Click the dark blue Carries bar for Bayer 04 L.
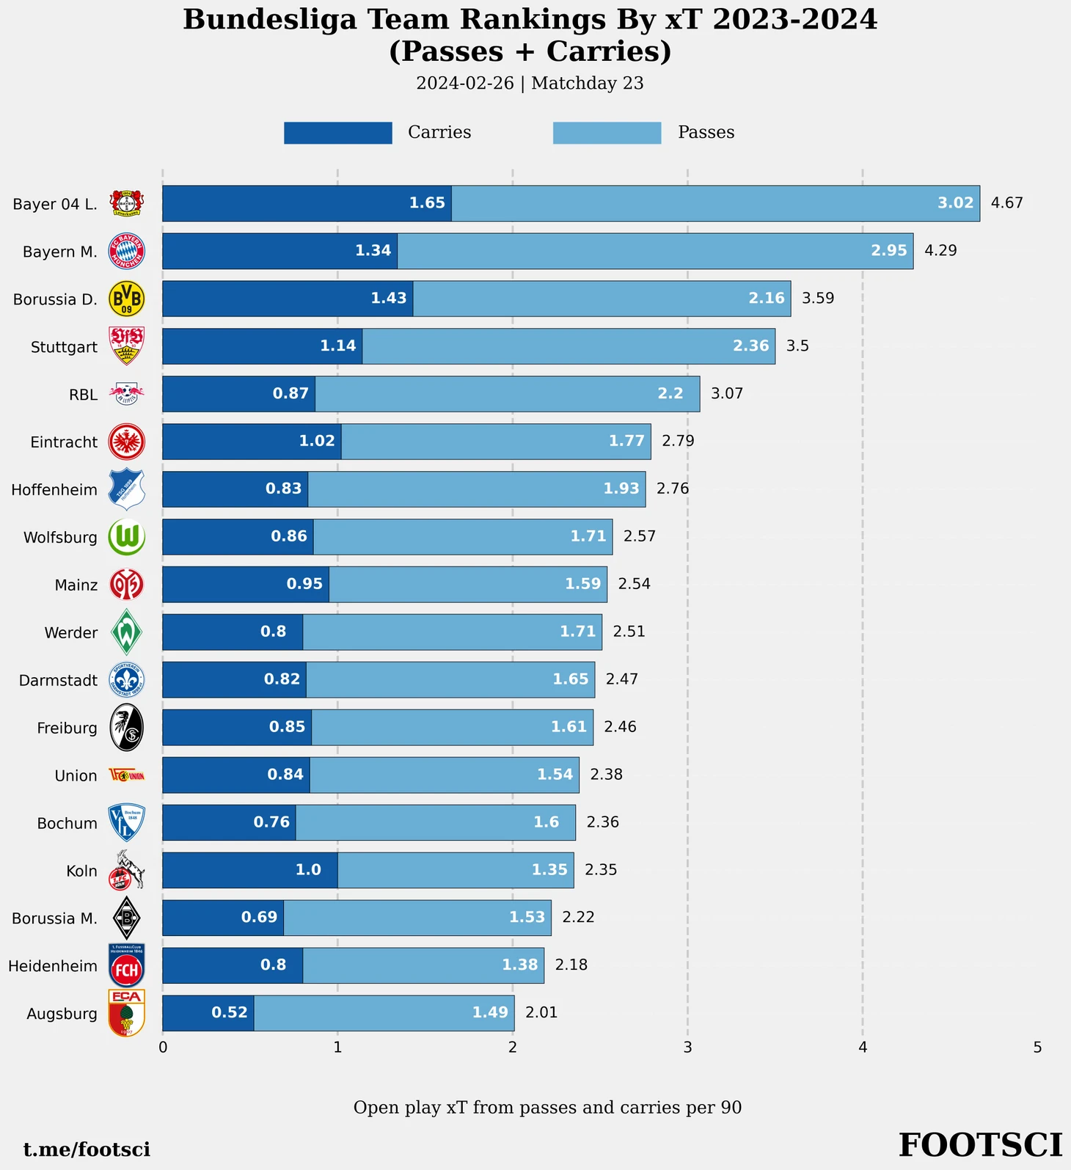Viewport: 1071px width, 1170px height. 307,203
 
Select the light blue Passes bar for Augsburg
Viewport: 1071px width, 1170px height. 384,1013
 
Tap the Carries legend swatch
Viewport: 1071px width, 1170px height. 337,133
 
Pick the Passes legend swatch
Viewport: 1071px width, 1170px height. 607,133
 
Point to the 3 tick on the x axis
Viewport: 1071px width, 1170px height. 687,1047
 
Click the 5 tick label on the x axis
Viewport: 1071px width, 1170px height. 1037,1047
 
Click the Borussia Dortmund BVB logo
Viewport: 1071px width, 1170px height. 127,299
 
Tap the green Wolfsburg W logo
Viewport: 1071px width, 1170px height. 127,537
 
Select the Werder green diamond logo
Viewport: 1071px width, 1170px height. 127,632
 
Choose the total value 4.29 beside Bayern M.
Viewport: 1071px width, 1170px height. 940,251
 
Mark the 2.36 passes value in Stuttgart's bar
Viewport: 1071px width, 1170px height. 750,346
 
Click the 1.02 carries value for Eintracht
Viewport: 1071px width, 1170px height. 317,442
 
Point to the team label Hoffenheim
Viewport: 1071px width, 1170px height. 54,490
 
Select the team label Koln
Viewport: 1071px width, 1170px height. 81,871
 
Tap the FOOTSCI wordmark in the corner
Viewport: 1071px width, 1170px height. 980,1145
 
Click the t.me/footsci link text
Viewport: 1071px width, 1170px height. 87,1149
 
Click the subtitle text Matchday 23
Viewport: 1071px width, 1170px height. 587,84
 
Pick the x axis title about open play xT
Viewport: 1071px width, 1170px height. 547,1108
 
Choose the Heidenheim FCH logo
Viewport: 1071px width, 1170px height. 127,965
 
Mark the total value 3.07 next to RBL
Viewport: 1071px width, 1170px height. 727,394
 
